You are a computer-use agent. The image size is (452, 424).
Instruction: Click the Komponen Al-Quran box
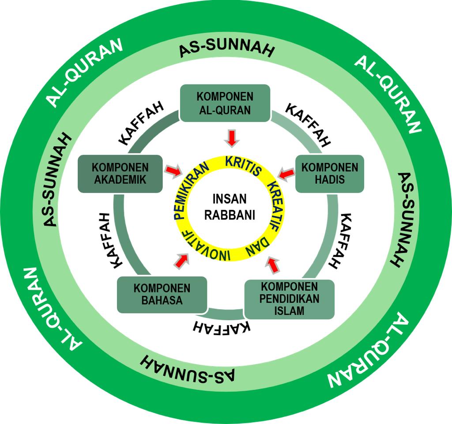click(226, 103)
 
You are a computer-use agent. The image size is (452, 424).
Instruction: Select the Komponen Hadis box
click(329, 173)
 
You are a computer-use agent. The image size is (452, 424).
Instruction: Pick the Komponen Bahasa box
click(162, 295)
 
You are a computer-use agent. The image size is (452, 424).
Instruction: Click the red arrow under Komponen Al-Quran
click(231, 138)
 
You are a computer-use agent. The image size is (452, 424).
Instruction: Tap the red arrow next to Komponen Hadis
click(286, 173)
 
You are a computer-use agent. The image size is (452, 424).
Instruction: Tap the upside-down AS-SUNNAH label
click(188, 367)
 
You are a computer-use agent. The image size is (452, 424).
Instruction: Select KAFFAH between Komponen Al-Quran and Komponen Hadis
click(308, 125)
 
